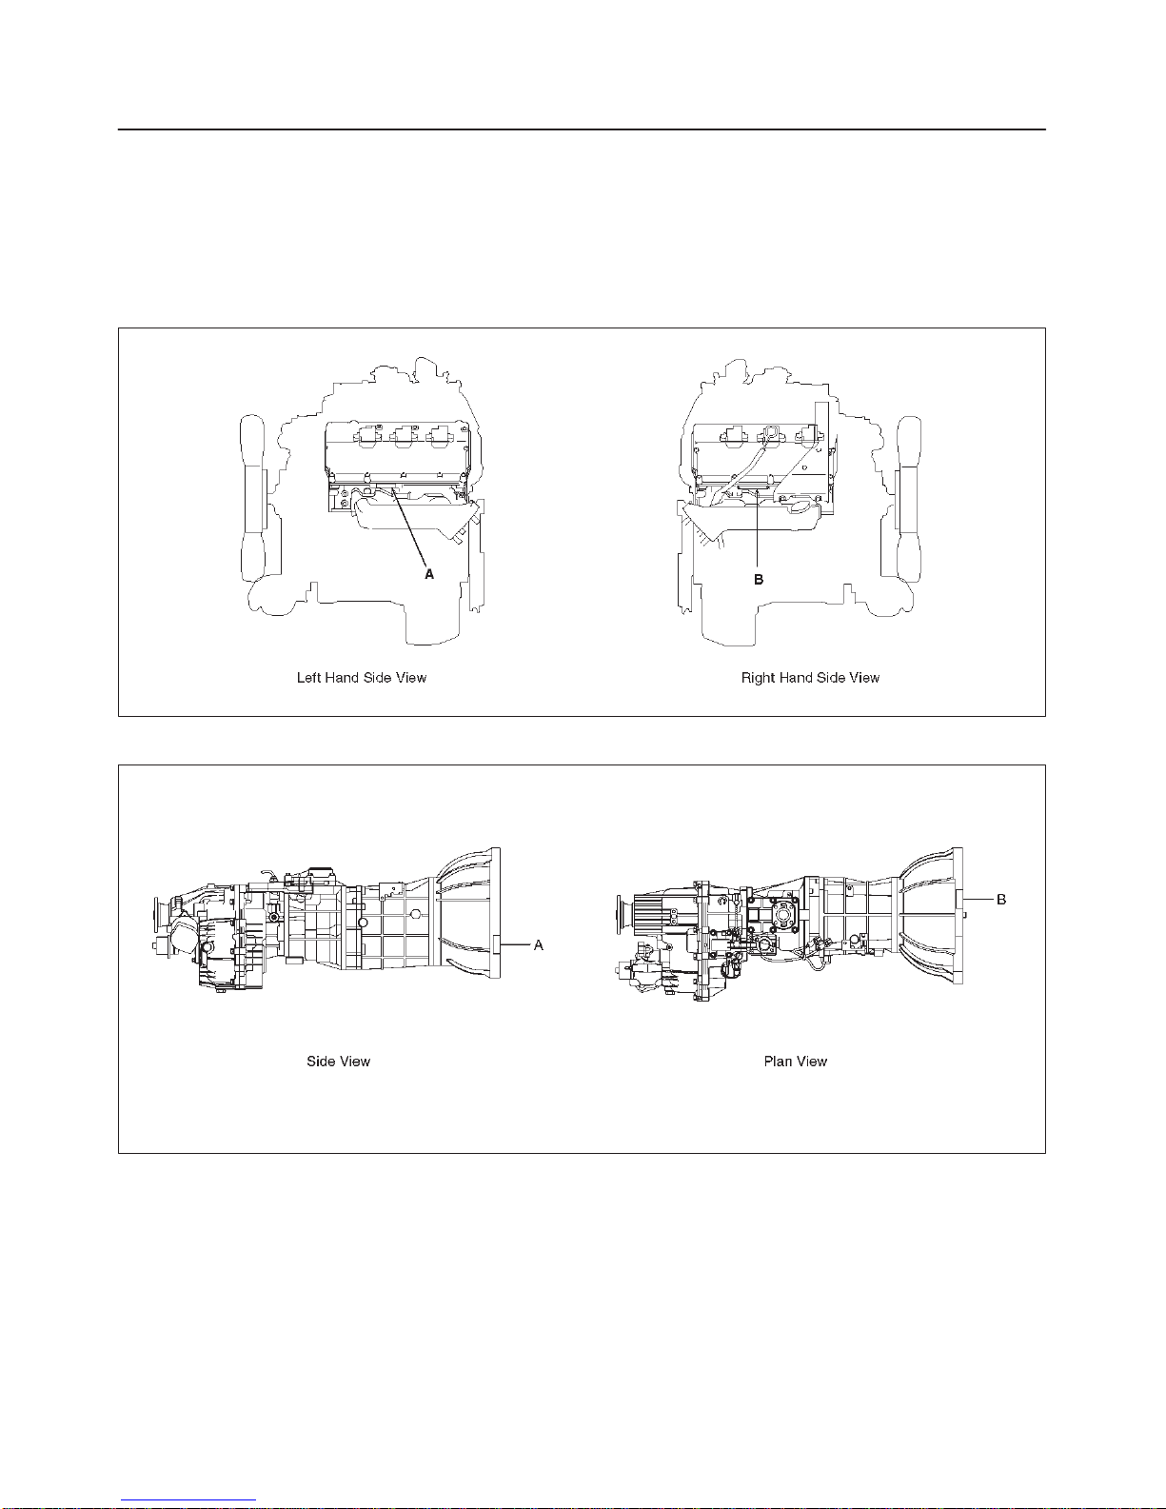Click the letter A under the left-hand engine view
(429, 574)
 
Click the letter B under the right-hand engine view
(759, 579)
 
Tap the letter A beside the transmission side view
(538, 945)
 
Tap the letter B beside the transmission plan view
(1000, 900)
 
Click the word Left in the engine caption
(308, 678)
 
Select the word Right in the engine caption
(758, 678)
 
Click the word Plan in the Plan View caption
(778, 1062)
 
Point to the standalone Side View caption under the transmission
(339, 1062)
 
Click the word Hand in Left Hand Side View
(341, 678)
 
